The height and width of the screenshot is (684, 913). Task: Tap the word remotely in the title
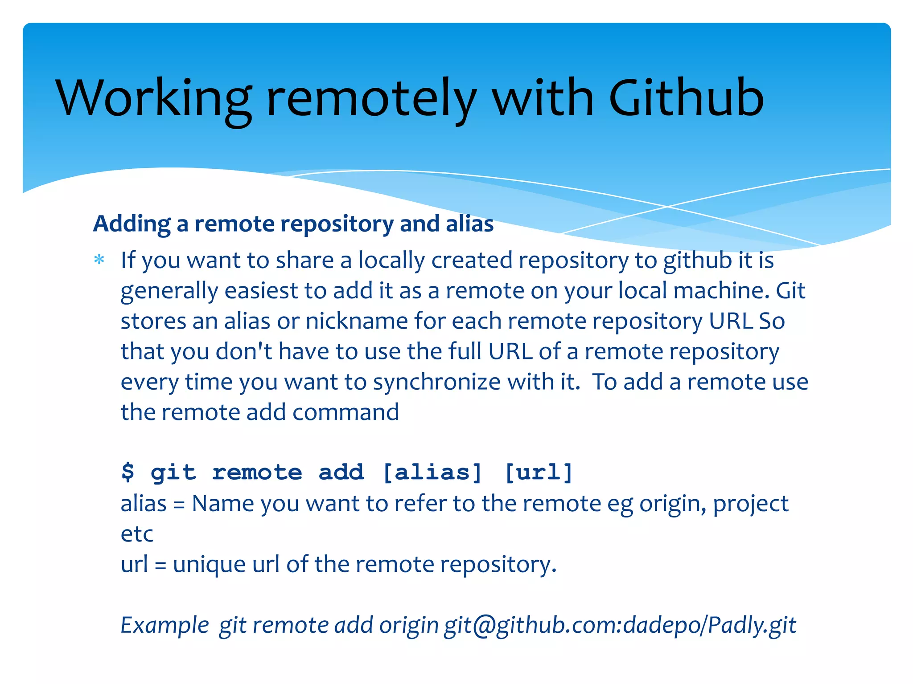pos(371,99)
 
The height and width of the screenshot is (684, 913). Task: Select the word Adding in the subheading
pos(132,224)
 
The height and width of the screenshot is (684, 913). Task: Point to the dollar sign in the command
pos(127,472)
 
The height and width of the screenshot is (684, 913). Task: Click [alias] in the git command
pos(432,472)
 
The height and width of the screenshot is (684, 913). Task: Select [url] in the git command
pos(538,472)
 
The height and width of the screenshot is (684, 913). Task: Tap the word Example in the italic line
pos(165,625)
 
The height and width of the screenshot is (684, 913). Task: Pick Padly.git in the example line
pos(752,625)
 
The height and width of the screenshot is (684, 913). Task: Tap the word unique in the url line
pos(209,565)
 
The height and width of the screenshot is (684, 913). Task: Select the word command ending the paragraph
pos(345,412)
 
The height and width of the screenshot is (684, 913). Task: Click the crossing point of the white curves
pos(667,207)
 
